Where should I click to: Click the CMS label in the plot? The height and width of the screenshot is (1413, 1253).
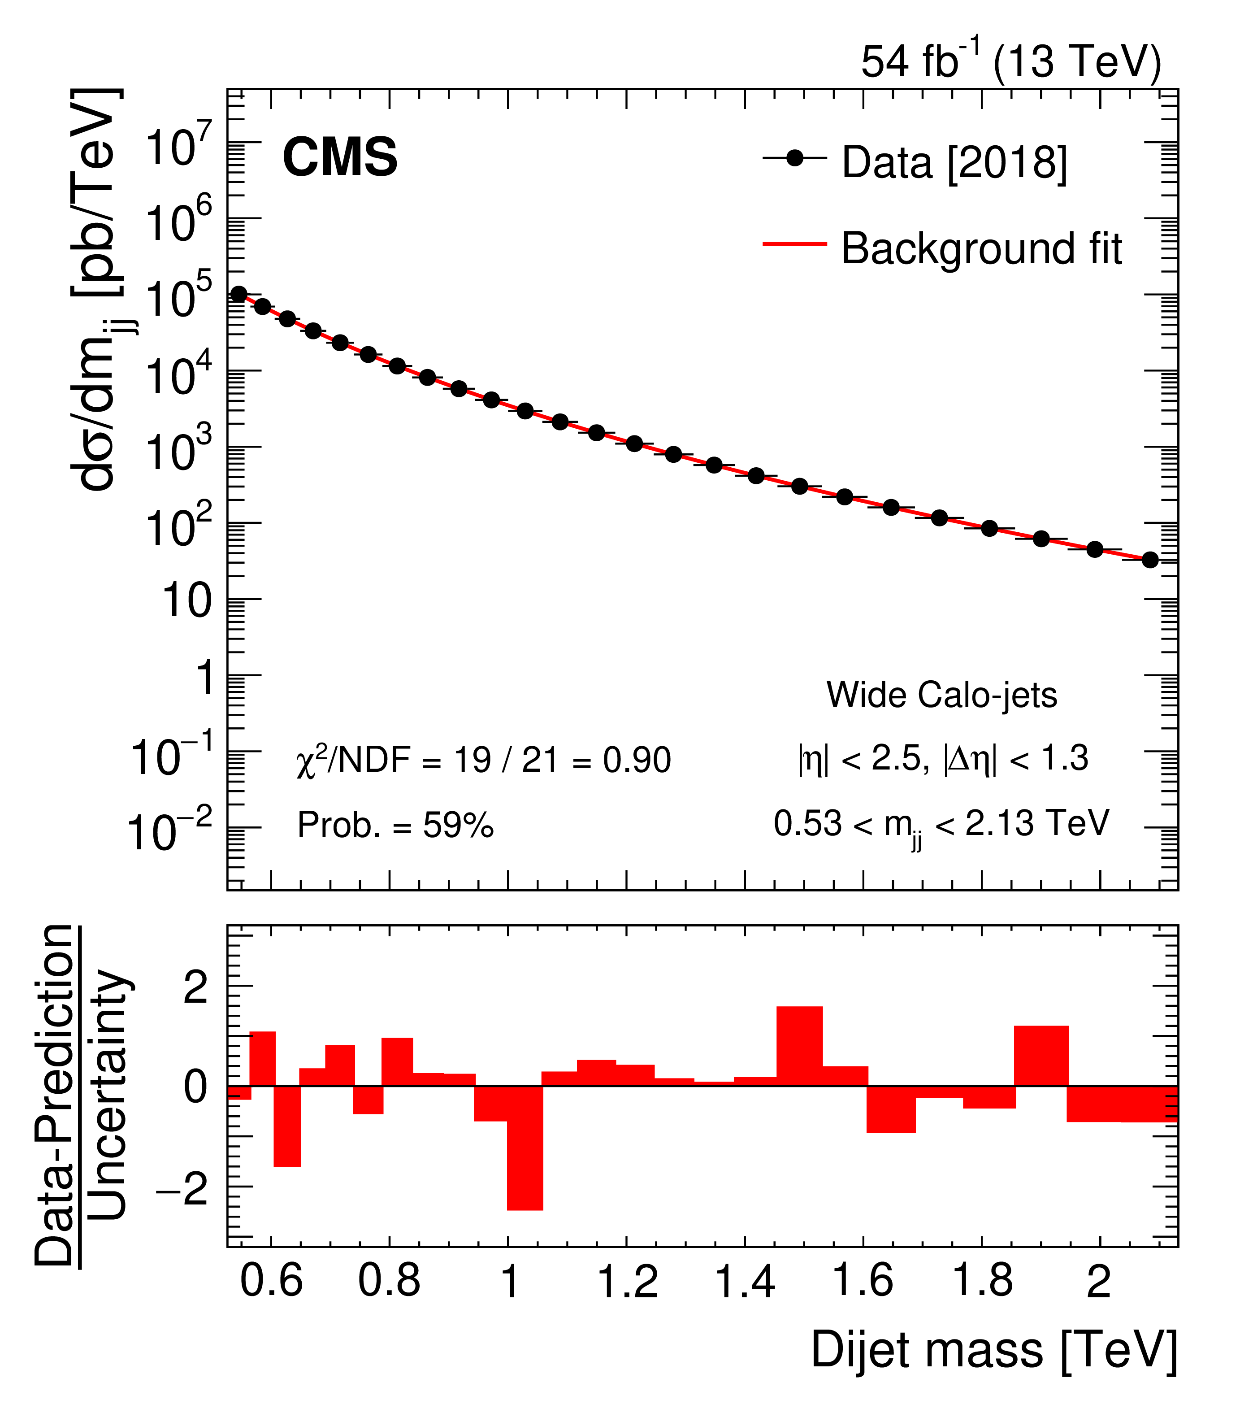click(339, 157)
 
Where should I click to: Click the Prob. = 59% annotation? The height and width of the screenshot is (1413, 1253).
click(395, 825)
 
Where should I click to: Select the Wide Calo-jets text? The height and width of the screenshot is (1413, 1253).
click(941, 695)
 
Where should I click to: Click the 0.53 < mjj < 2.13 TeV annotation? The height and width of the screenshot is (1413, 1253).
click(941, 824)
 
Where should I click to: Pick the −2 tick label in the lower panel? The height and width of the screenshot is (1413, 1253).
click(182, 1189)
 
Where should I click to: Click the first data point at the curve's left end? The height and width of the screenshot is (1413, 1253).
click(238, 295)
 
